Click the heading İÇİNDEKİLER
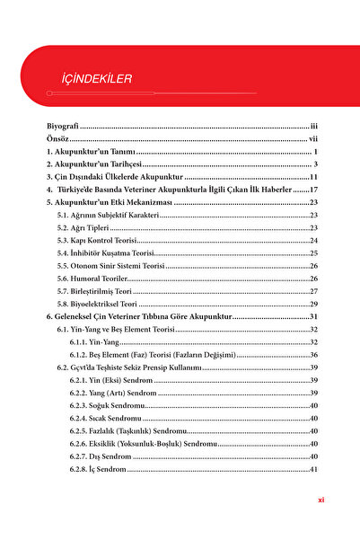pos(91,79)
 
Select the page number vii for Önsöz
pos(313,140)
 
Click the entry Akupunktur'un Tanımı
pos(93,153)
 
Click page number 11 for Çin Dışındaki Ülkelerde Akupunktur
pos(313,178)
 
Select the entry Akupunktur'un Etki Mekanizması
pos(108,203)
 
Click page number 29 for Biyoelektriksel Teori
pos(314,304)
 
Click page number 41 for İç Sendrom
pos(314,469)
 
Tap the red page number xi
pos(320,500)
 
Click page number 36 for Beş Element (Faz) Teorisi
pos(314,355)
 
